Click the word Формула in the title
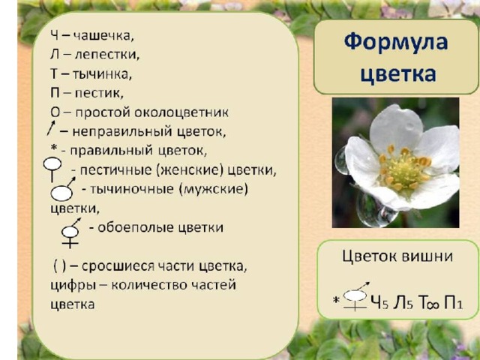click(x=396, y=42)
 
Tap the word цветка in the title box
click(x=398, y=73)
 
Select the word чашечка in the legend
click(x=103, y=36)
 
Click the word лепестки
click(x=106, y=55)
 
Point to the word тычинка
click(x=102, y=74)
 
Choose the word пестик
click(x=99, y=93)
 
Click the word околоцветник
click(x=181, y=112)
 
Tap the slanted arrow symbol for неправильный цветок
click(x=51, y=128)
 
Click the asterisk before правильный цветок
click(x=54, y=148)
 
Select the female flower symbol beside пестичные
click(x=52, y=169)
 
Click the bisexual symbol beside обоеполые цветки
click(x=70, y=232)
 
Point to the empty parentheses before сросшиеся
click(x=60, y=266)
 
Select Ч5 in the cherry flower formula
click(x=379, y=302)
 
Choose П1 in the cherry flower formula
click(x=453, y=302)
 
